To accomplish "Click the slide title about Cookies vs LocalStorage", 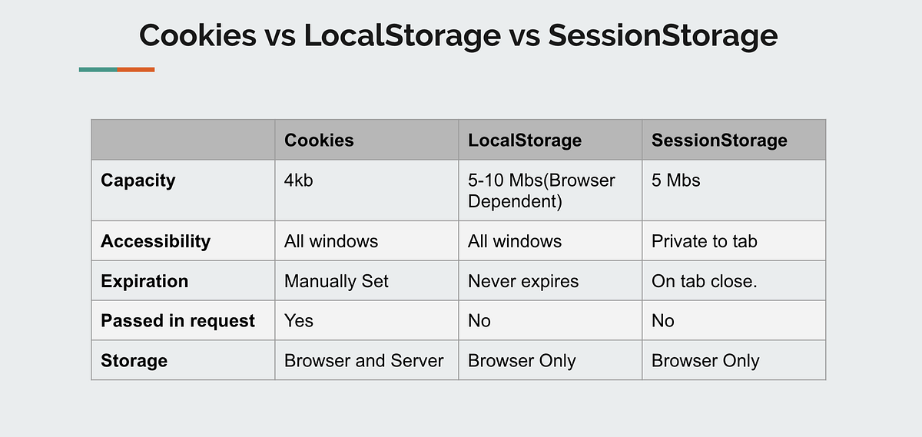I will coord(458,36).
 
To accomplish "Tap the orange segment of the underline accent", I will coord(136,70).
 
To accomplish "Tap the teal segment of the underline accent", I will coord(98,70).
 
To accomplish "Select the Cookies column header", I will coord(319,140).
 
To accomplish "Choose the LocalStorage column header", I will coord(524,140).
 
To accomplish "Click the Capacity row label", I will coord(138,180).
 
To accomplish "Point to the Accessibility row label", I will coord(155,241).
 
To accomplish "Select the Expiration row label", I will coord(144,281).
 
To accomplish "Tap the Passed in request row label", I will coord(177,321).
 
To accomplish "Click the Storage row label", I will coord(134,361).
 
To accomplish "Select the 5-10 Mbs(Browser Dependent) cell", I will coord(542,190).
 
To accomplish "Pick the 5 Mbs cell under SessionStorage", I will coord(676,180).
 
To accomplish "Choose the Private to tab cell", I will coord(704,241).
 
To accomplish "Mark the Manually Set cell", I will coord(336,281).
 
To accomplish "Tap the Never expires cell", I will coord(522,281).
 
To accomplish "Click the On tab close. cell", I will coord(704,281).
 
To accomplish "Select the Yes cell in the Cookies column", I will coord(299,321).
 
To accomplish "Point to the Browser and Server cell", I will coord(363,361).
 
